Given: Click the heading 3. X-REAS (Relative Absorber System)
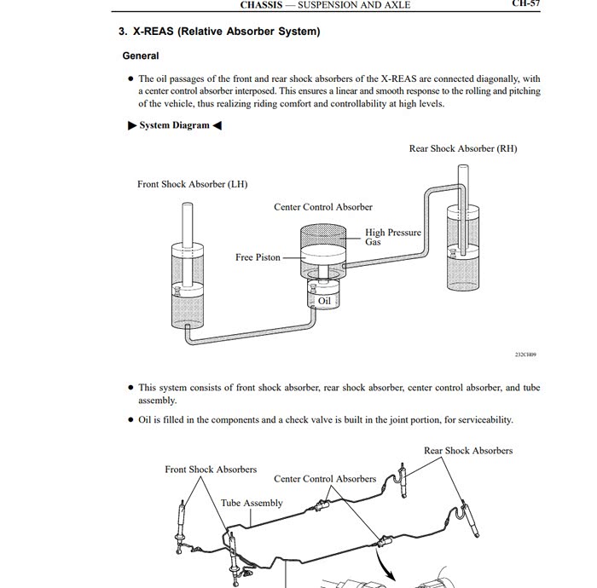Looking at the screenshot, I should tap(219, 32).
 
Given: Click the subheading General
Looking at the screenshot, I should tap(141, 56).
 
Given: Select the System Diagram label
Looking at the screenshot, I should tap(174, 125).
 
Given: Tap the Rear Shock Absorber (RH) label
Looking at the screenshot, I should tap(462, 149).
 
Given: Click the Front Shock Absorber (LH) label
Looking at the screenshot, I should tap(192, 184).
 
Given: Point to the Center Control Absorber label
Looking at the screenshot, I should tap(322, 207).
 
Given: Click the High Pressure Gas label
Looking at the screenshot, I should tap(392, 237).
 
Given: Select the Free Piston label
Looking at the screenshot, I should tap(258, 257).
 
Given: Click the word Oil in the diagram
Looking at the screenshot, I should tap(324, 301).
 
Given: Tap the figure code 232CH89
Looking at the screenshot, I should tap(525, 355).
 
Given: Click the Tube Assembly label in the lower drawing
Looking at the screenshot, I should tap(252, 503).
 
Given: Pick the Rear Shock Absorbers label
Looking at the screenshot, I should tap(467, 451).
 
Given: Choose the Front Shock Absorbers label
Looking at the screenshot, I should tap(211, 470).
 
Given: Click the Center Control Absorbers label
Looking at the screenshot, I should tap(324, 479).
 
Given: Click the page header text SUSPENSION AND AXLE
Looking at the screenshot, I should tap(353, 5).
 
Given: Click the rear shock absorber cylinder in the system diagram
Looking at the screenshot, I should tap(461, 247).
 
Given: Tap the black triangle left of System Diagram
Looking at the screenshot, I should tap(131, 125).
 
